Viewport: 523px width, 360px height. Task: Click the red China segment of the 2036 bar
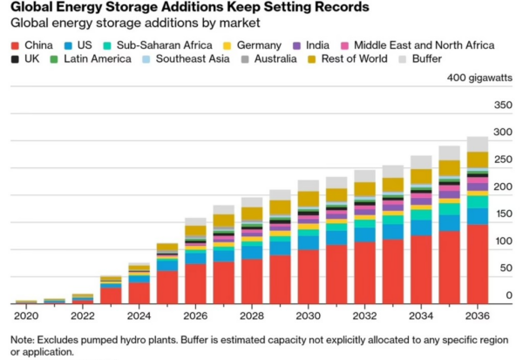pos(478,264)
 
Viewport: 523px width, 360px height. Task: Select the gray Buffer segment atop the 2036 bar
pos(478,144)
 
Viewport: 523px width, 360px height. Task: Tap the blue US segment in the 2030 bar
pos(309,243)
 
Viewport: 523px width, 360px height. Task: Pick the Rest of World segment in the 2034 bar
pos(421,176)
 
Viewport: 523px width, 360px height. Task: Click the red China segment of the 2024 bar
pos(139,293)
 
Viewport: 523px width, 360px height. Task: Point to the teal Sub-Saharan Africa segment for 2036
pos(478,202)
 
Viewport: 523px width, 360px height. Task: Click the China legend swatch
pos(15,45)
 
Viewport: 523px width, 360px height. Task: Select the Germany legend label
pos(259,45)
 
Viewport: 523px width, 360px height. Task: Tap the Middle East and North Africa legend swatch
pos(344,45)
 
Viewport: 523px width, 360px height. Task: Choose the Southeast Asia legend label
pos(193,58)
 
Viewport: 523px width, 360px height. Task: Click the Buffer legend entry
pos(420,58)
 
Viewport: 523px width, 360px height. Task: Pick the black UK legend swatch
pos(15,59)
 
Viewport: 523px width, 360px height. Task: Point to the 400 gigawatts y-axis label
pos(479,78)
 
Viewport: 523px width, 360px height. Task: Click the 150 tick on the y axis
pos(504,214)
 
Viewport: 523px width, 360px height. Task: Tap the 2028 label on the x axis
pos(252,316)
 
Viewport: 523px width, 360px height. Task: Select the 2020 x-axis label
pos(26,316)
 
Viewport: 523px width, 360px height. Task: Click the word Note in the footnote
pos(22,340)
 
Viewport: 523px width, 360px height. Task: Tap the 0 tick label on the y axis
pos(509,295)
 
